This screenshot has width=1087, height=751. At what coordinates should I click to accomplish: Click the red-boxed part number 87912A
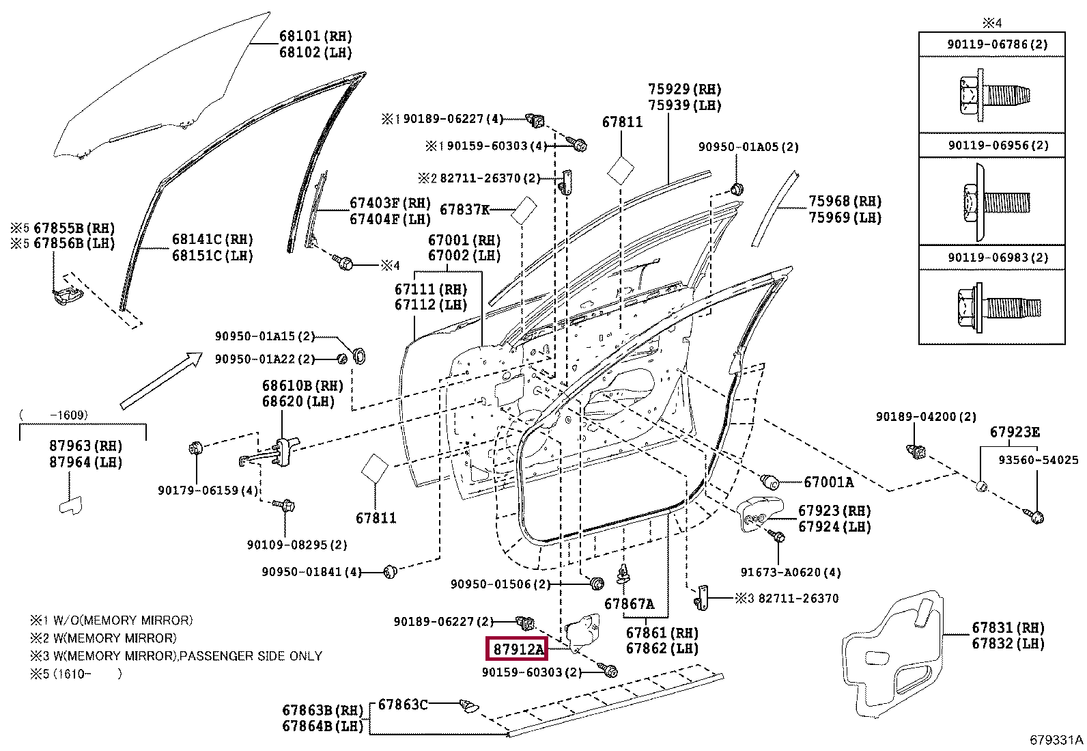click(x=518, y=649)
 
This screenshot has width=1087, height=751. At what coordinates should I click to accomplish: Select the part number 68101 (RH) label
click(x=315, y=36)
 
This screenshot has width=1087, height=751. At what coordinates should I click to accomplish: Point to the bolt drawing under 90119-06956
click(x=995, y=202)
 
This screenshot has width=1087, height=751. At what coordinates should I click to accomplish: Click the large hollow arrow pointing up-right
click(x=162, y=381)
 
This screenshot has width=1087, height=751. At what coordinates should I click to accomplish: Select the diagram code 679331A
click(x=1056, y=740)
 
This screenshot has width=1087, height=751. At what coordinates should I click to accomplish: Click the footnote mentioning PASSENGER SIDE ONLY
click(x=176, y=656)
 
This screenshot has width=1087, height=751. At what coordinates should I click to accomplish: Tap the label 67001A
click(x=828, y=482)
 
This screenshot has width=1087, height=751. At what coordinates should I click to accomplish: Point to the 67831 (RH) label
click(x=1008, y=627)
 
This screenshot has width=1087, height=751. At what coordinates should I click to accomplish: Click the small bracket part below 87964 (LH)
click(x=71, y=505)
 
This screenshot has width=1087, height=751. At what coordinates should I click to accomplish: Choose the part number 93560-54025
click(x=1038, y=459)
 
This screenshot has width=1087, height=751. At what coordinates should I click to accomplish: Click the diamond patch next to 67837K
click(x=524, y=210)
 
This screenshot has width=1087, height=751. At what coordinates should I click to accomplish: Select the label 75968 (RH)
click(x=845, y=201)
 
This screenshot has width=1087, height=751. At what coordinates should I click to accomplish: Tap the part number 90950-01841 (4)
click(x=311, y=572)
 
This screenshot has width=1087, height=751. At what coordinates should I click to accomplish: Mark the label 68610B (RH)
click(x=302, y=385)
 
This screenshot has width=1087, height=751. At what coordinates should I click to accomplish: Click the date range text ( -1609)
click(x=53, y=415)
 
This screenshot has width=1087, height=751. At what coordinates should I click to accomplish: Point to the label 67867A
click(x=629, y=604)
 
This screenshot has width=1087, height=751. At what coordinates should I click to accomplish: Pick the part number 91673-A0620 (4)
click(x=791, y=572)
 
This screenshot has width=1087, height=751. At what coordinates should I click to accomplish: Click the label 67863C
click(x=403, y=704)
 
